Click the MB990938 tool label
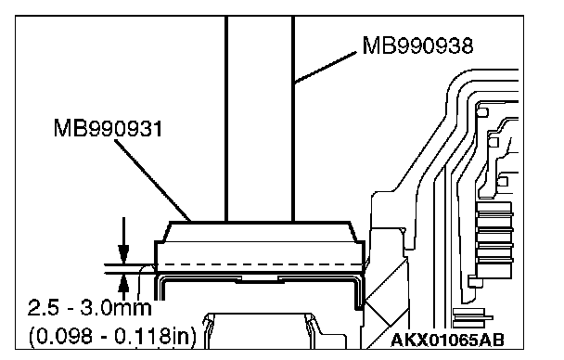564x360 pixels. [417, 45]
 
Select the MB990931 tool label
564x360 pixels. [108, 128]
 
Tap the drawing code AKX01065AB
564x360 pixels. [447, 340]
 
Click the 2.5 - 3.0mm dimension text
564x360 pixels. [90, 308]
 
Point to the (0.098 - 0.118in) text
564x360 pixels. [112, 336]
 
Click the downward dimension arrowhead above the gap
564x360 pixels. [123, 254]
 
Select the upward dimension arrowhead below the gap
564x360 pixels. [123, 283]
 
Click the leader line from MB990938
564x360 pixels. [326, 68]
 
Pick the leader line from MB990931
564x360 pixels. [152, 180]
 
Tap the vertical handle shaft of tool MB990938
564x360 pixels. [260, 119]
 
